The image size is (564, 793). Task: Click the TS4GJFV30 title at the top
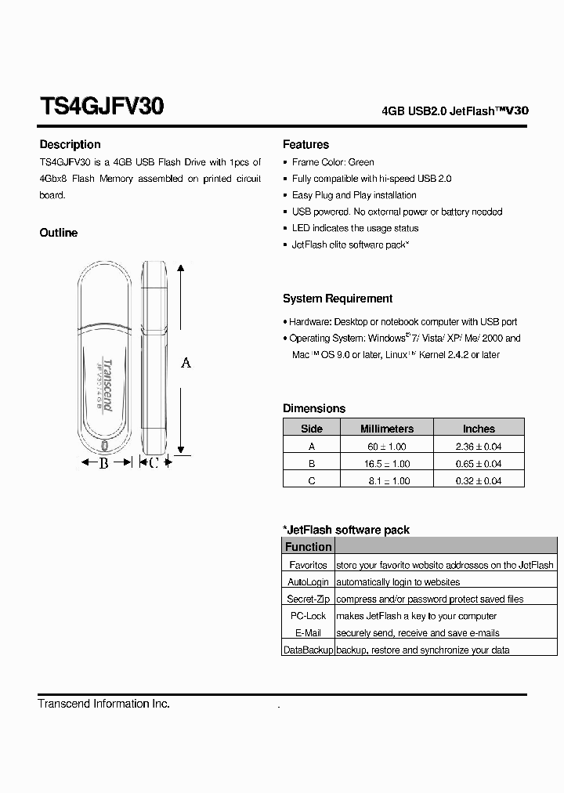point(101,107)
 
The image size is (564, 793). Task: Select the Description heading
point(70,144)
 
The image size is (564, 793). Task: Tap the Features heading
point(305,144)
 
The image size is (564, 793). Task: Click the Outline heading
point(59,233)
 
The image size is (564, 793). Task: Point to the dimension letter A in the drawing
point(186,362)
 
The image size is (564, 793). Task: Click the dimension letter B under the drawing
point(103,463)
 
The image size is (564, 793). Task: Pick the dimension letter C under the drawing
point(154,463)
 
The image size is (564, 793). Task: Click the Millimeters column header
point(386,429)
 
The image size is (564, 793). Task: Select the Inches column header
point(479,429)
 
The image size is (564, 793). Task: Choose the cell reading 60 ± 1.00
point(386,446)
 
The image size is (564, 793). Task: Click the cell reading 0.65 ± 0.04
point(479,463)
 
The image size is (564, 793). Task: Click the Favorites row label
point(308,565)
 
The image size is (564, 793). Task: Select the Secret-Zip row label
point(308,599)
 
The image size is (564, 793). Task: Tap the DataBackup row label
point(308,650)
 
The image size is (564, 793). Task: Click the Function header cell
point(308,547)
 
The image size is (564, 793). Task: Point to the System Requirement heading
point(338,299)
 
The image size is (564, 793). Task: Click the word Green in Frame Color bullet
point(361,162)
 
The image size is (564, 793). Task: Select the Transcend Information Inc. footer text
point(103,704)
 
